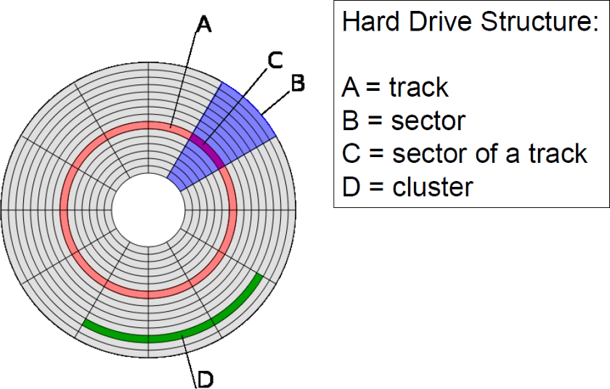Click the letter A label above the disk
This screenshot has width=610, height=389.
tap(205, 25)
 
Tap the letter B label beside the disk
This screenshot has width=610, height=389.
tap(298, 83)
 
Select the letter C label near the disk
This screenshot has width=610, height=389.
tap(275, 61)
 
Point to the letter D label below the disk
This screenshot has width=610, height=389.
tap(205, 378)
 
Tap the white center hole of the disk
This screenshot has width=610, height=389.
tap(148, 210)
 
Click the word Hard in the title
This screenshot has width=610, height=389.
tap(370, 22)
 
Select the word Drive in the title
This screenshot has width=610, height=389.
tap(437, 22)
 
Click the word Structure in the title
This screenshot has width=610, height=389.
tap(539, 22)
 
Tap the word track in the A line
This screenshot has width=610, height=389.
tap(419, 88)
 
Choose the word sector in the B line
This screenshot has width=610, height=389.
tap(428, 121)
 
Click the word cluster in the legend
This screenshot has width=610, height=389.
tap(433, 188)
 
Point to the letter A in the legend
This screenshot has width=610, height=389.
tap(350, 88)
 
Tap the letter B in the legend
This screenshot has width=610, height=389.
tap(350, 121)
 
